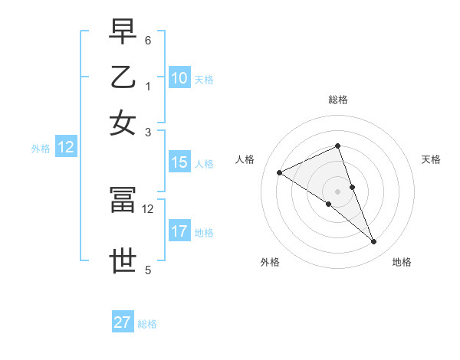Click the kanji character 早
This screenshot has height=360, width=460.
pos(123,33)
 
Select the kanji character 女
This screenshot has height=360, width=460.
pos(123,122)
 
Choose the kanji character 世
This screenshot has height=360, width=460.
pos(123,261)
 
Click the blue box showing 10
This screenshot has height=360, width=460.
pos(179,78)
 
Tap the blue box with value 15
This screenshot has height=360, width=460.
pos(179,162)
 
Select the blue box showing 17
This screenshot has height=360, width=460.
pos(179,232)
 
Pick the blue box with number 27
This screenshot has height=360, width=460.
pos(123,322)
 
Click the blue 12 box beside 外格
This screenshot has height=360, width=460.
pos(66,147)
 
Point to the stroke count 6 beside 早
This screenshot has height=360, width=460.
pos(148,39)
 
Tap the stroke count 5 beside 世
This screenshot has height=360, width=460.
pos(148,269)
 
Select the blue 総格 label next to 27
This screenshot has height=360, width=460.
pos(147,324)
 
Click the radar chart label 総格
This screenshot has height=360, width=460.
pos(337,100)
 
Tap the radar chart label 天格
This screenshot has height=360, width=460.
pos(431,159)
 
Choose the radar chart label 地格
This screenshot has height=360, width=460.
pos(402,262)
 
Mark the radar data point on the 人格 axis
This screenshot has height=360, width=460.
pos(279,172)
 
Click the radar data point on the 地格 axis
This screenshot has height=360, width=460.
pos(374,242)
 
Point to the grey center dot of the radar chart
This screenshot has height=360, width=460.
pos(337,191)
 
